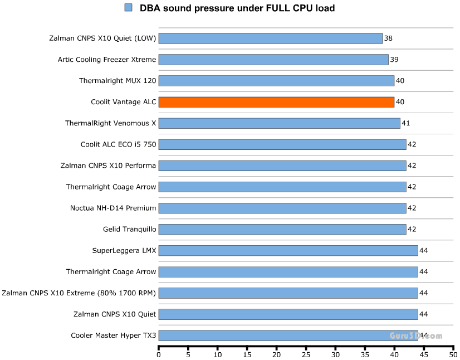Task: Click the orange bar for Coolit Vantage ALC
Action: pos(276,102)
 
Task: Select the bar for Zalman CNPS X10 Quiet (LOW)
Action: pos(270,38)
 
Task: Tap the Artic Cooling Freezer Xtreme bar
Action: pos(273,60)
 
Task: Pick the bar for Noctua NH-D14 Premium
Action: pos(282,208)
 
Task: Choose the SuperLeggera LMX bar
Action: pos(288,250)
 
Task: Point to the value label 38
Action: pos(388,38)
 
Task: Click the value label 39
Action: pos(394,60)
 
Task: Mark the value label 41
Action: pos(406,123)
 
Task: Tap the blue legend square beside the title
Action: pos(129,8)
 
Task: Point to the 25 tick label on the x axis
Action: pos(306,354)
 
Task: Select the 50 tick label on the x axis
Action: pos(453,354)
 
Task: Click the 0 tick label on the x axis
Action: pos(159,354)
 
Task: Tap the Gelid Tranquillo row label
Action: pos(129,229)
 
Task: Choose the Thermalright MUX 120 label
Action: pos(118,81)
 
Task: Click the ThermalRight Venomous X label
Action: pos(110,123)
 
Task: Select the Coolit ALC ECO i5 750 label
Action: pos(118,144)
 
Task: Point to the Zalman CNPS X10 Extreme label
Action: pos(79,293)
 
